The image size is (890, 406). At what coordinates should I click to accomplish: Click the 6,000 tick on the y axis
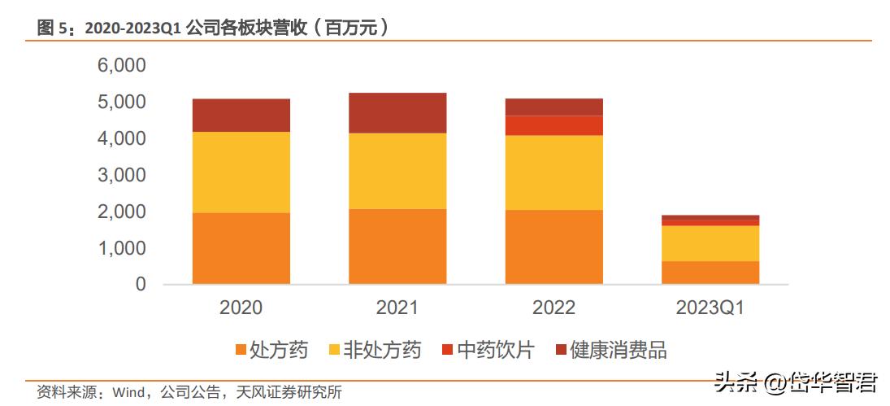(x=121, y=66)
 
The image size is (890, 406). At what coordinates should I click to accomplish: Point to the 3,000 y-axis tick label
(x=121, y=175)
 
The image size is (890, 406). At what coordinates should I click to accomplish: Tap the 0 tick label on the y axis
(x=141, y=285)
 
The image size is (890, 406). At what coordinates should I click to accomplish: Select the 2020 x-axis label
(x=241, y=308)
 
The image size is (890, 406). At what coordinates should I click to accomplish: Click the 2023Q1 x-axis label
(x=710, y=308)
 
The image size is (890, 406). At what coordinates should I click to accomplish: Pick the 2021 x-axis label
(x=397, y=308)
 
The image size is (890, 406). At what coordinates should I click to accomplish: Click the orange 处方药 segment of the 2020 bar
(x=241, y=248)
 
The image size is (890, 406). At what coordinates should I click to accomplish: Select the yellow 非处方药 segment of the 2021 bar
(x=397, y=171)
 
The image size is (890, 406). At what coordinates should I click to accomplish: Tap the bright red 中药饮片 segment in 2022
(x=554, y=125)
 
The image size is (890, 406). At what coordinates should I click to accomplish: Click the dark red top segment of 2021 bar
(x=397, y=113)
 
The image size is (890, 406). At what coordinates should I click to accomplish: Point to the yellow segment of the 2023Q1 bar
(x=710, y=243)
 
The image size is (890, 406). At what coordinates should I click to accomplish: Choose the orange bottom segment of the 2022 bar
(x=554, y=247)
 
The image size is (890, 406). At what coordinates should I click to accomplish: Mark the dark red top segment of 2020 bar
(x=241, y=116)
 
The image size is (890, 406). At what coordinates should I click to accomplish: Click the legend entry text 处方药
(x=279, y=351)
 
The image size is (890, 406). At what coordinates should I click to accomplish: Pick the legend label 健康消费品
(x=619, y=351)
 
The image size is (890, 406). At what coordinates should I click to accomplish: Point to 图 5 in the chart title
(x=55, y=28)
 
